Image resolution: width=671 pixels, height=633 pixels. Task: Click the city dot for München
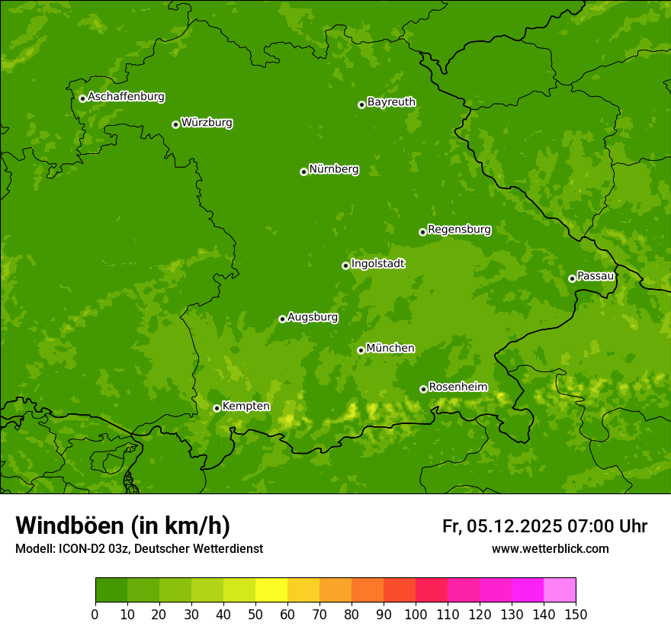tap(361, 350)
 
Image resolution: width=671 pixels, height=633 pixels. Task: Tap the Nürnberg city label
tap(334, 169)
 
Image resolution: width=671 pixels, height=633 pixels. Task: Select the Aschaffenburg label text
tap(126, 97)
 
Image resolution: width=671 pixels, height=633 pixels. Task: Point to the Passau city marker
tap(572, 278)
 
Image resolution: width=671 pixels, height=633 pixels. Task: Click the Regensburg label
tap(459, 230)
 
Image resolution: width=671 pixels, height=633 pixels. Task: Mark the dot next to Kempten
tap(217, 408)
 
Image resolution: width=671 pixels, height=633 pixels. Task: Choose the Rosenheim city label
tap(457, 387)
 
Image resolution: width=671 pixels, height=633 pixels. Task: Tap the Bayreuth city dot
tap(361, 104)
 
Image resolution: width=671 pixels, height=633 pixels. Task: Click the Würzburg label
tap(207, 123)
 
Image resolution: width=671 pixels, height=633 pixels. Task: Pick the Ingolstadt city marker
tap(345, 265)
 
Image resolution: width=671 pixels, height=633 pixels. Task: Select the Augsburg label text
tap(313, 317)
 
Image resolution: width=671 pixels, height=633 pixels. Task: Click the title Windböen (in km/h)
tap(123, 525)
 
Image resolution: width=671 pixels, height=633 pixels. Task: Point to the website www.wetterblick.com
tap(550, 548)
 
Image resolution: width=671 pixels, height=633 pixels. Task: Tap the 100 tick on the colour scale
tap(416, 614)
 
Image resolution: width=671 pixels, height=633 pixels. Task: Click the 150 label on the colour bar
tap(576, 614)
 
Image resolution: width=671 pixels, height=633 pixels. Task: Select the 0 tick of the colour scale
tap(95, 614)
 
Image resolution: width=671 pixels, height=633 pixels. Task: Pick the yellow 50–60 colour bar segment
tap(271, 590)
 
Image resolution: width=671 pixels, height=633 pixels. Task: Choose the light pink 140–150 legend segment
tap(560, 590)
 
